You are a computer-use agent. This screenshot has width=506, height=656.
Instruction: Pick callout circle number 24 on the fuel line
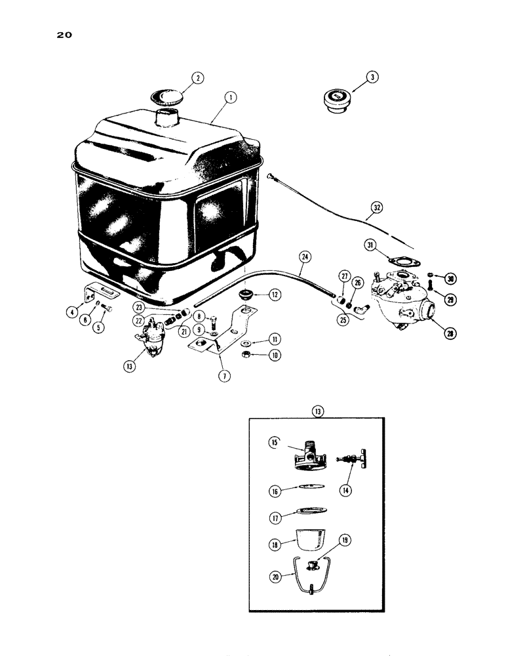(303, 257)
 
